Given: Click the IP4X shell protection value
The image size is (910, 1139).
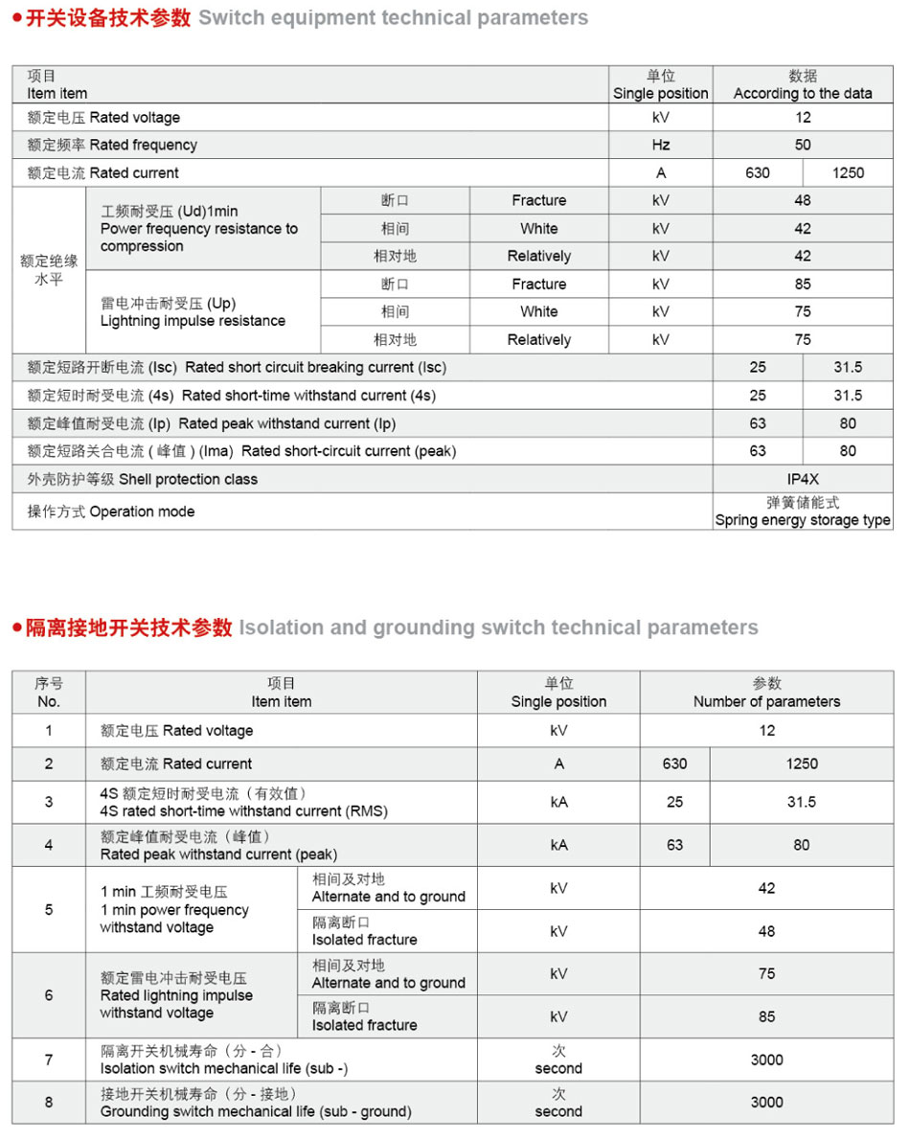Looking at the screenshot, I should (803, 479).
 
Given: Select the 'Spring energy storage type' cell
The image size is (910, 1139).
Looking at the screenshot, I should (803, 512).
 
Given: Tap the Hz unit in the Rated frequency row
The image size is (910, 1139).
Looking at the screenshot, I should (661, 145).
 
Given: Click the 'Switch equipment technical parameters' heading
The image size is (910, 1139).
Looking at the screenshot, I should (393, 18).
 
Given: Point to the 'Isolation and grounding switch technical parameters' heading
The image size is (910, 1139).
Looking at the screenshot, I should (498, 628).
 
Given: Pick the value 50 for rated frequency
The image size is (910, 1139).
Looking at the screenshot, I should (803, 145).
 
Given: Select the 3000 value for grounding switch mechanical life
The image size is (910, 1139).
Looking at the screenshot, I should (766, 1103).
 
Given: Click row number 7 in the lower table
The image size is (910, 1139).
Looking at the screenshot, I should (49, 1059).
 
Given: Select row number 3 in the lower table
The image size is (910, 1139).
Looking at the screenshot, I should (49, 802).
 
